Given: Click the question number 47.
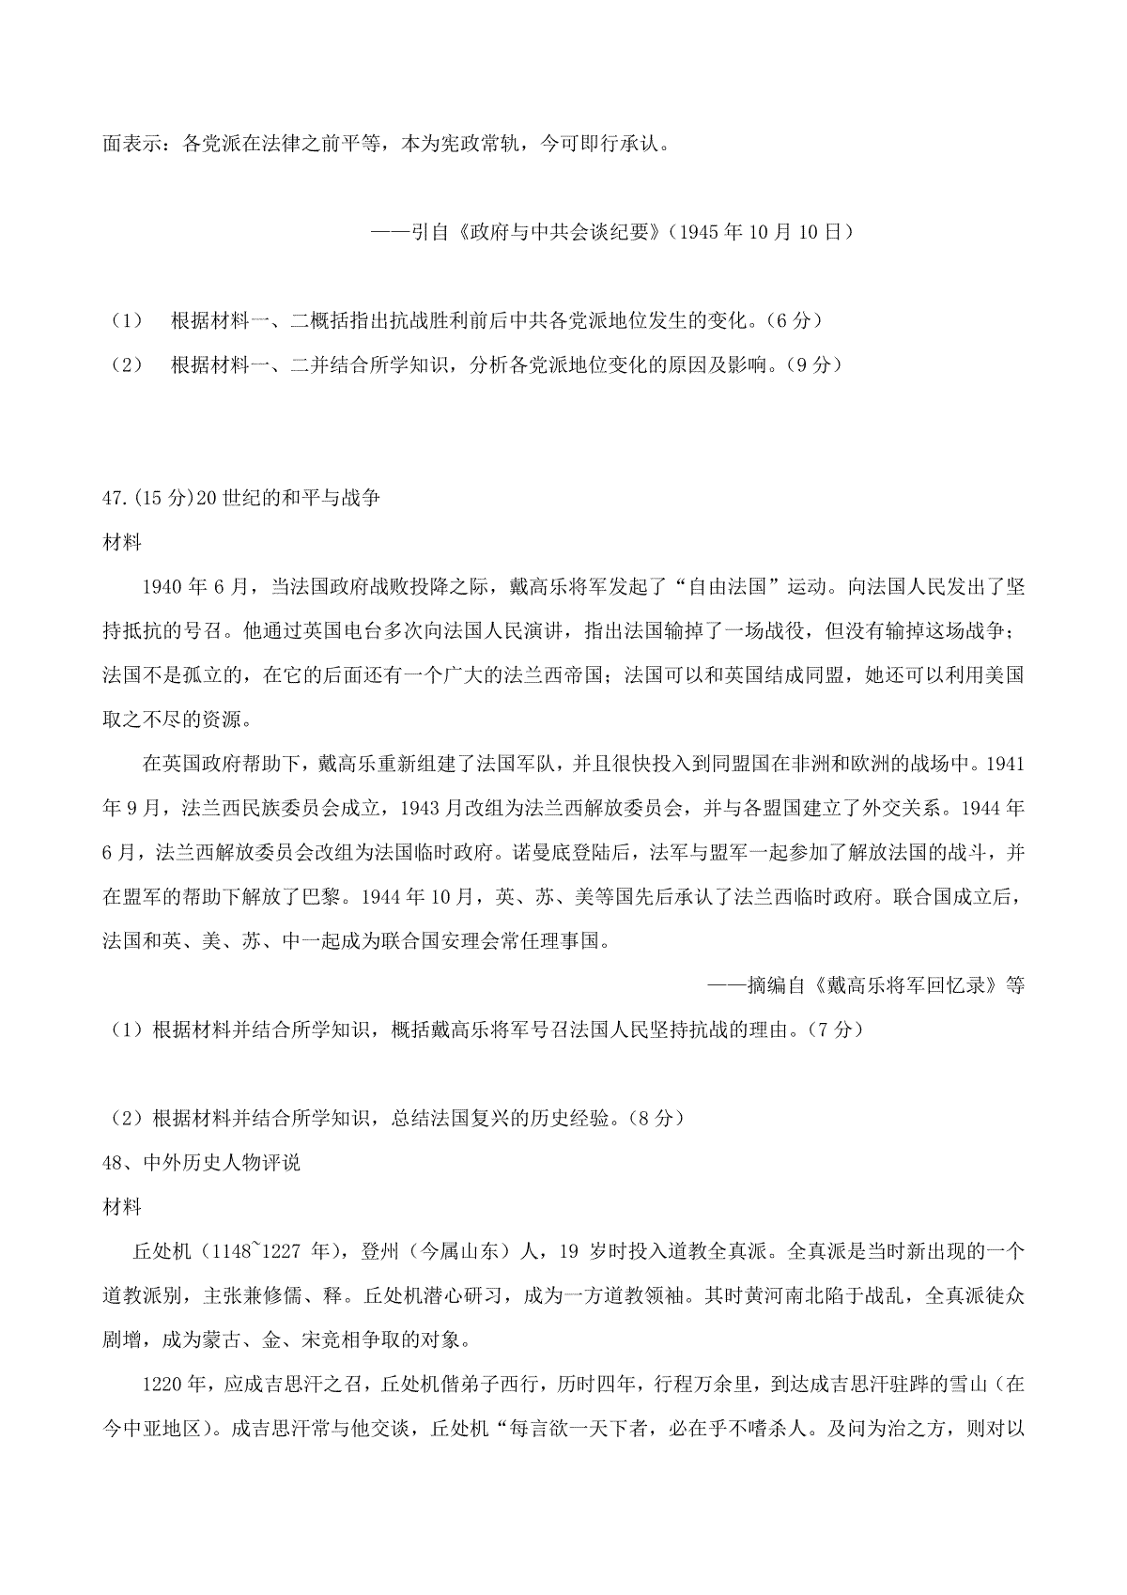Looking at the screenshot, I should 115,498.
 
